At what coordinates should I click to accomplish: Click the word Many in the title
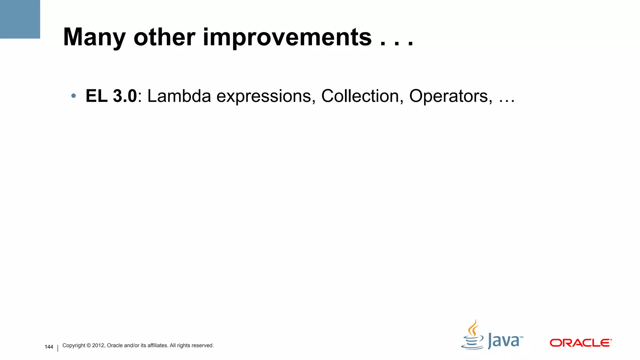94,37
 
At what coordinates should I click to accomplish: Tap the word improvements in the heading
287,37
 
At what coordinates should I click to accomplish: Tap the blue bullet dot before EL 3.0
73,96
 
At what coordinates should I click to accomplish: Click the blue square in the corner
20,19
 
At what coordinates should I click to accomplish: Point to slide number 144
49,347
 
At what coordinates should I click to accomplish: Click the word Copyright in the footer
74,346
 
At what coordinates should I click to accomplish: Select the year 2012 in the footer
98,345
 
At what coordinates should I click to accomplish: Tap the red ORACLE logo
581,343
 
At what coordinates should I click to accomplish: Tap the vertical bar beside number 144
58,348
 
